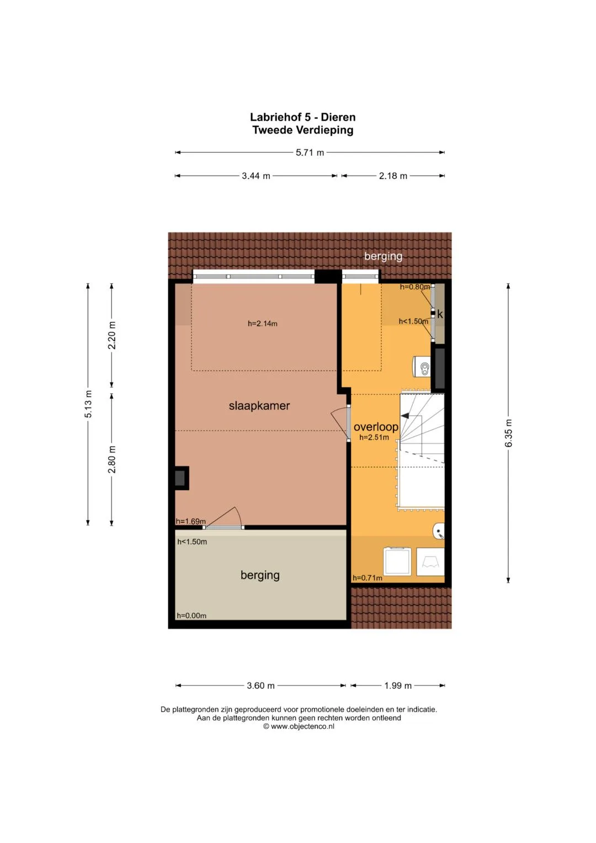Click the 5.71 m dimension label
pyautogui.click(x=310, y=152)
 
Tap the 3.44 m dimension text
pyautogui.click(x=256, y=176)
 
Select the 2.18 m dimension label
pyautogui.click(x=393, y=176)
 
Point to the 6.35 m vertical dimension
pyautogui.click(x=508, y=433)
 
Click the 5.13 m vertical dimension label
pyautogui.click(x=88, y=404)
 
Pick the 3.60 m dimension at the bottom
pyautogui.click(x=260, y=685)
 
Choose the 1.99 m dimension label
pyautogui.click(x=398, y=685)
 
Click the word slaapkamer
pyautogui.click(x=259, y=406)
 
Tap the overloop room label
pyautogui.click(x=376, y=427)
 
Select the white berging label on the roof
pyautogui.click(x=383, y=256)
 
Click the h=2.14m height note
pyautogui.click(x=263, y=324)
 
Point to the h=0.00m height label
pyautogui.click(x=191, y=616)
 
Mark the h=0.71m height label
pyautogui.click(x=367, y=577)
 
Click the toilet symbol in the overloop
pyautogui.click(x=422, y=367)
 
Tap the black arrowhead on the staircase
pyautogui.click(x=405, y=416)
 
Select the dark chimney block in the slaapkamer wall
pyautogui.click(x=180, y=478)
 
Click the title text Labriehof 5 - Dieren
pyautogui.click(x=302, y=117)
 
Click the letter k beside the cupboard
pyautogui.click(x=440, y=314)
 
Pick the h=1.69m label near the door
pyautogui.click(x=191, y=521)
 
